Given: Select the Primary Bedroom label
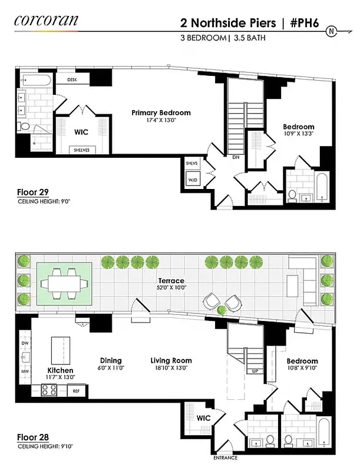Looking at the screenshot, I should click(161, 112).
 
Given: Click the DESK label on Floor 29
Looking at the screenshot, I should click(72, 79).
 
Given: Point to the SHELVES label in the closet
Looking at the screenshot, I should click(82, 150).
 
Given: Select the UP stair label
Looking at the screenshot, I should click(255, 372).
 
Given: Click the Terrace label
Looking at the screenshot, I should click(171, 281).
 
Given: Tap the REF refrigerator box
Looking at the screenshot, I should click(75, 390).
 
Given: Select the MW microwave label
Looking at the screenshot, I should click(24, 372).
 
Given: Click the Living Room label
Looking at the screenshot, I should click(171, 360).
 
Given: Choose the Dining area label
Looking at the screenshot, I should click(111, 360).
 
